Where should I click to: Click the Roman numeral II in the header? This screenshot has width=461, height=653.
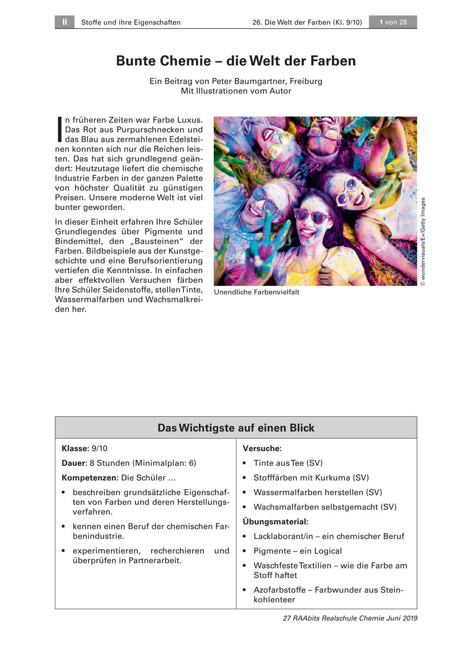pyautogui.click(x=64, y=22)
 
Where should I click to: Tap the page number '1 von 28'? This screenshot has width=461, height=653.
pyautogui.click(x=393, y=22)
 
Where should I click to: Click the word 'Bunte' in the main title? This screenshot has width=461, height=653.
pyautogui.click(x=136, y=60)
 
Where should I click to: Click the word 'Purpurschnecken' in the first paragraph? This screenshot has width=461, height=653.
pyautogui.click(x=142, y=130)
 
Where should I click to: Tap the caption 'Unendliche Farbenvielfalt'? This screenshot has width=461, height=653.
pyautogui.click(x=257, y=292)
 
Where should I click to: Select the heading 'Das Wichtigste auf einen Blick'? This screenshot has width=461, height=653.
pyautogui.click(x=236, y=428)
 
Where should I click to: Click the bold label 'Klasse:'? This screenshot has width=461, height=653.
pyautogui.click(x=75, y=448)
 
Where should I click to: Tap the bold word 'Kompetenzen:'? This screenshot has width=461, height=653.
pyautogui.click(x=90, y=478)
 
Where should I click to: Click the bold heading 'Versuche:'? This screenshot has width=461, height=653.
pyautogui.click(x=262, y=448)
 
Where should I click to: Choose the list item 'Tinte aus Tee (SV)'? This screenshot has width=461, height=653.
pyautogui.click(x=288, y=463)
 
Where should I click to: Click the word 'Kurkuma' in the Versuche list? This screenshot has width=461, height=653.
pyautogui.click(x=331, y=478)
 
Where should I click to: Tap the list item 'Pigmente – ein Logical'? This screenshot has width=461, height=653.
pyautogui.click(x=297, y=551)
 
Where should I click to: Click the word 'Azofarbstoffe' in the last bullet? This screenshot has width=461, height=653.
pyautogui.click(x=280, y=590)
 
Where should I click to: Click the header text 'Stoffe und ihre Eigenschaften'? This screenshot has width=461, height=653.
pyautogui.click(x=130, y=22)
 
